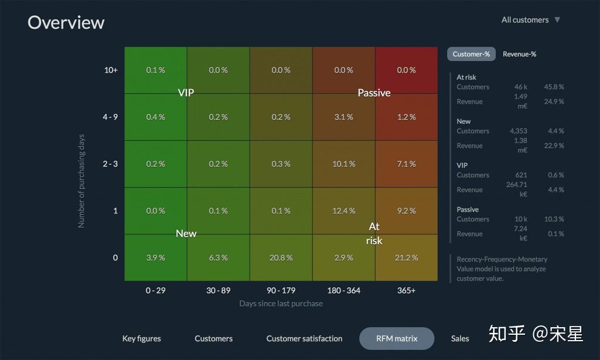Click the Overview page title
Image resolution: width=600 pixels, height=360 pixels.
(66, 22)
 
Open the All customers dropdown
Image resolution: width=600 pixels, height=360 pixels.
(531, 20)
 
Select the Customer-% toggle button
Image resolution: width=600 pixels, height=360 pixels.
(471, 54)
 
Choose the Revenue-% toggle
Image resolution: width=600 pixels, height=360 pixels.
(519, 54)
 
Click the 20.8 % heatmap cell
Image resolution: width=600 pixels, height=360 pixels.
(281, 258)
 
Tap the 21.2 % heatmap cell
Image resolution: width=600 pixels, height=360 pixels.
(406, 258)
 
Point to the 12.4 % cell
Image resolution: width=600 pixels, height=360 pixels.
(343, 211)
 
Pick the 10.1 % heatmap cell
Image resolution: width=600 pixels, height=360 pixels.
(343, 164)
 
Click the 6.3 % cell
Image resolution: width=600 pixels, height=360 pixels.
(218, 258)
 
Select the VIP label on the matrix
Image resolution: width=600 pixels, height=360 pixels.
(186, 93)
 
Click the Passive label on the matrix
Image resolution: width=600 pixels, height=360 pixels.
(374, 93)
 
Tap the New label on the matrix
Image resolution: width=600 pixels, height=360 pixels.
(186, 234)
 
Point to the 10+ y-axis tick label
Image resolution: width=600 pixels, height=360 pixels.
(111, 70)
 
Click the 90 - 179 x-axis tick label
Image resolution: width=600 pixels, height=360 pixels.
(281, 291)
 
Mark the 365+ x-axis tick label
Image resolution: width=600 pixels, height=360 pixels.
(406, 291)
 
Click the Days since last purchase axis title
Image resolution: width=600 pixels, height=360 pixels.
(281, 304)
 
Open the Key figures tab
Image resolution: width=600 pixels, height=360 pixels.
(141, 339)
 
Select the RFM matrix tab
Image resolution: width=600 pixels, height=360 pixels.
(397, 339)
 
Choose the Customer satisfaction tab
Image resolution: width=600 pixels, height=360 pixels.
(304, 339)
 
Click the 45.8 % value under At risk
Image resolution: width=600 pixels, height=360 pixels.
(553, 87)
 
